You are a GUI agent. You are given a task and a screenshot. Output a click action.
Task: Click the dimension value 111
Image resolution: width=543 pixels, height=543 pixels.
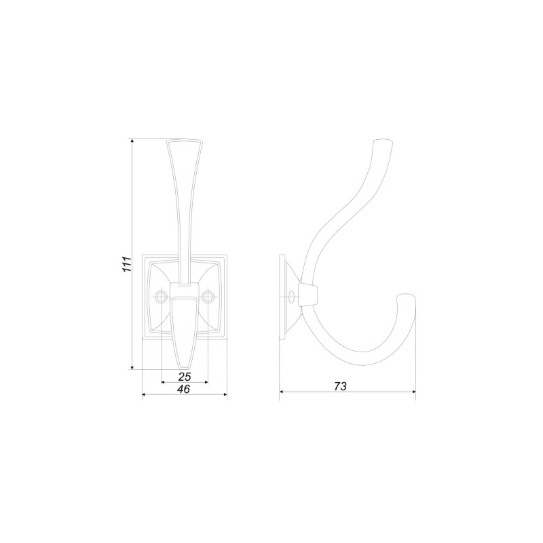click(x=128, y=265)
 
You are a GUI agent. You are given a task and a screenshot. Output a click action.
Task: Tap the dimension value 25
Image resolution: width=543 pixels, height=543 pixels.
click(x=185, y=377)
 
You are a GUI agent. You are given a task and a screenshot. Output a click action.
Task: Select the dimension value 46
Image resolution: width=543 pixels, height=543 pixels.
click(x=184, y=389)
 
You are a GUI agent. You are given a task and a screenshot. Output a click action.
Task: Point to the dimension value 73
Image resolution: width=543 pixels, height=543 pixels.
click(x=340, y=386)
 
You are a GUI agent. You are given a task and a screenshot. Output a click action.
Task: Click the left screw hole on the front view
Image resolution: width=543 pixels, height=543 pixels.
click(x=161, y=297)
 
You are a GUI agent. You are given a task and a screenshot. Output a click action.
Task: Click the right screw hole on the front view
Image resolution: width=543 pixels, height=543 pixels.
click(x=208, y=297)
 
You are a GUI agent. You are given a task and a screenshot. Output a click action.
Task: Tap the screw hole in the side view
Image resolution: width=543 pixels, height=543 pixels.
click(x=292, y=297)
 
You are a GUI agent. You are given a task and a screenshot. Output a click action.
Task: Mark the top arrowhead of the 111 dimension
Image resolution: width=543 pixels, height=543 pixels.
click(x=132, y=141)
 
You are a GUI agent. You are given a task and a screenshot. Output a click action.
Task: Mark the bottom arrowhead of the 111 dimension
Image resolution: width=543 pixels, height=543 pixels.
click(x=132, y=367)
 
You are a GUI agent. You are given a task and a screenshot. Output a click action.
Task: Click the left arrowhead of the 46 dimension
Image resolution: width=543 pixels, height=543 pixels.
click(x=145, y=394)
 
